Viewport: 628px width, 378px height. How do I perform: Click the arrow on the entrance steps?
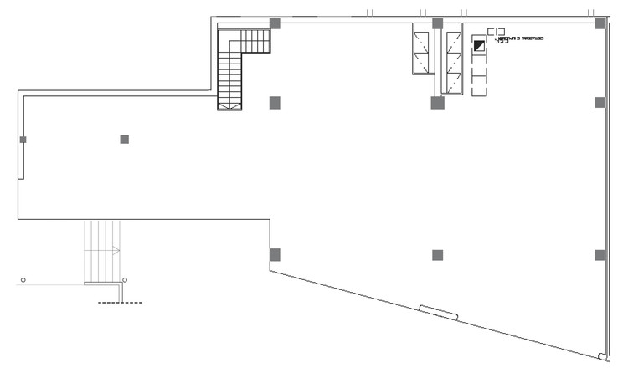point(115,250)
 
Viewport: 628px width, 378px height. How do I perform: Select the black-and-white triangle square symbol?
point(479,46)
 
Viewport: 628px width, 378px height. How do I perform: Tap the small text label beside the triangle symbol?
point(520,38)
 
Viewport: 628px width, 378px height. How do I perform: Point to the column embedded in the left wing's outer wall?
point(23,140)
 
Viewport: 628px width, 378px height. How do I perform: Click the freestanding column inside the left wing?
point(124,139)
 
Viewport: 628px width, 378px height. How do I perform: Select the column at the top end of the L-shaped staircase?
point(274,23)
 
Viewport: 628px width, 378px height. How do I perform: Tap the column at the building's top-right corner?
point(600,23)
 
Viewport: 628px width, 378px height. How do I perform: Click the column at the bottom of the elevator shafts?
point(437,103)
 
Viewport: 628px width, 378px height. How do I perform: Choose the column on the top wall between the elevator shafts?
point(437,23)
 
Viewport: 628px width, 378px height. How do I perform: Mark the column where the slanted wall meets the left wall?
point(274,253)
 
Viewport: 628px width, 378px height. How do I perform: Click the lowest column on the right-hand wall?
point(600,254)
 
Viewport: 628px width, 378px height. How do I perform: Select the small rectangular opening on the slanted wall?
point(439,312)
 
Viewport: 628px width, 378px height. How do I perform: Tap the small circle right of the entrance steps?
point(125,279)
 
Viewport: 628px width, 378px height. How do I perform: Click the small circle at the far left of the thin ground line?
point(23,279)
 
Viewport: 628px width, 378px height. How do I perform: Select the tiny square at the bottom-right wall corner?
point(602,358)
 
